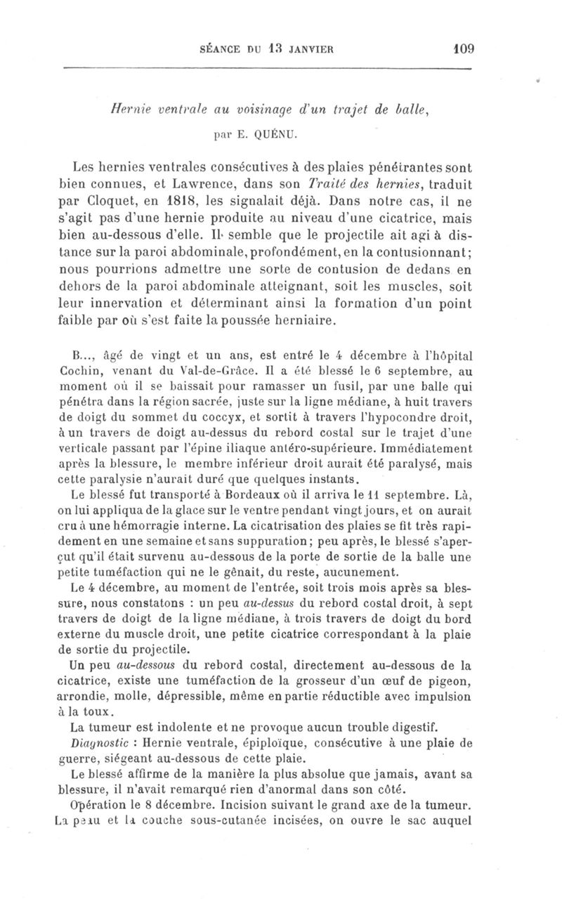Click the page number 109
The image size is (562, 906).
pyautogui.click(x=464, y=49)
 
